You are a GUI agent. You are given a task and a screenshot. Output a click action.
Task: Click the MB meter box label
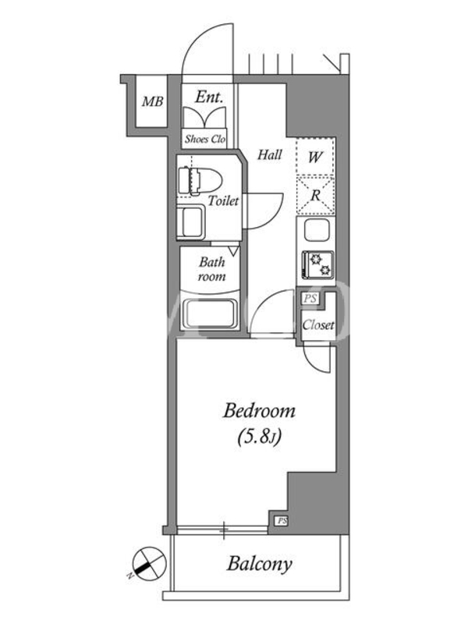[x=153, y=101]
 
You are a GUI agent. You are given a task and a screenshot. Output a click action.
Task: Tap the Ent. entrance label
[x=208, y=97]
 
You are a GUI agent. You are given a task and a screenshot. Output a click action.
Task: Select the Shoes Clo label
[x=205, y=140]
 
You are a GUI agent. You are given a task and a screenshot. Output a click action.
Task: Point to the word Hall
[x=269, y=154]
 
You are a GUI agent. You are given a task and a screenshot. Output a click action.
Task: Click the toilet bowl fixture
[x=200, y=181]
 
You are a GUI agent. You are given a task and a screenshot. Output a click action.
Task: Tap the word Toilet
[x=223, y=200]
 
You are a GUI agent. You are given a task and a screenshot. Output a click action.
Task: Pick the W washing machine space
[x=315, y=157]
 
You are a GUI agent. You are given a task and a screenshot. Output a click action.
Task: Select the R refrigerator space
[x=315, y=196]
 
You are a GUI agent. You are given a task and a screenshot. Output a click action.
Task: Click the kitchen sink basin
[x=317, y=230]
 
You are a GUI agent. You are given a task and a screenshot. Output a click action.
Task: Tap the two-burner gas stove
[x=317, y=264]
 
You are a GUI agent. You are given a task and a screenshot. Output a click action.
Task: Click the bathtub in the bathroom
[x=209, y=314]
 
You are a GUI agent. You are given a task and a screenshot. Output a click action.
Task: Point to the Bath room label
[x=211, y=269]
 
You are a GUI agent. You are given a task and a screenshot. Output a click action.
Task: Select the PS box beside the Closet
[x=310, y=298]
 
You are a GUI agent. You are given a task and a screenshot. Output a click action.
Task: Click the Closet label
[x=318, y=325]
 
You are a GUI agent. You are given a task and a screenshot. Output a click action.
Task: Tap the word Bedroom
[x=259, y=411]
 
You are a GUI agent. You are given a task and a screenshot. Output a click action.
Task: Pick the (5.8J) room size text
[x=259, y=437]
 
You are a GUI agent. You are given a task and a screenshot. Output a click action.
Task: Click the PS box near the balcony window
[x=282, y=521]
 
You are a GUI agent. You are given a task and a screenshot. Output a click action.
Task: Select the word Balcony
[x=260, y=564]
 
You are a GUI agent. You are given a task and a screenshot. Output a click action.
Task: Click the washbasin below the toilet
[x=190, y=222]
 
